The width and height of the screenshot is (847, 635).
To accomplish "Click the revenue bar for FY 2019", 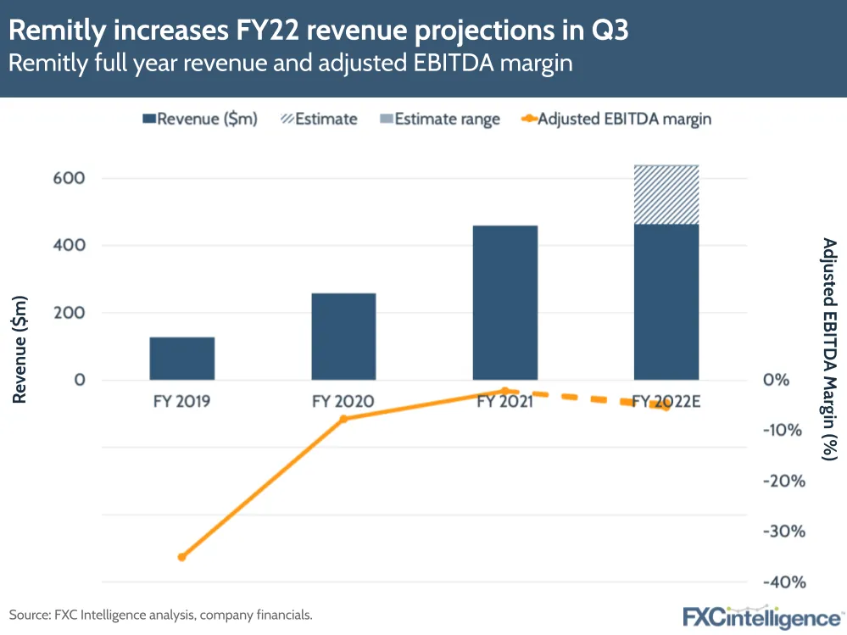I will click(x=181, y=359).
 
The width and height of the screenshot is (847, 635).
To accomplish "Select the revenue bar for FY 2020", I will click(x=343, y=337).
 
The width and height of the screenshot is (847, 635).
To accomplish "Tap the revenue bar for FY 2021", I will click(x=505, y=303).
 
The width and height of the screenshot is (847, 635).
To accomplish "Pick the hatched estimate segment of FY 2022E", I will click(x=666, y=195).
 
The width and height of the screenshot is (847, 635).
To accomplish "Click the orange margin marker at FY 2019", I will click(x=181, y=557).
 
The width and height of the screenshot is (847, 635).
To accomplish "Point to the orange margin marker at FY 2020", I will click(x=343, y=419).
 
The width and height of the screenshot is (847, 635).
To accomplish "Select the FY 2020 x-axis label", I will click(x=343, y=402).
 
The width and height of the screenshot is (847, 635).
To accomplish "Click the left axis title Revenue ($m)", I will click(x=20, y=348).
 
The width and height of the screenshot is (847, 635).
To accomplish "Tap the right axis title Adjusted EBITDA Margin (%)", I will click(x=829, y=348).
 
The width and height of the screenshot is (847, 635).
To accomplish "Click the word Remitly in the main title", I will click(x=61, y=31).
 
